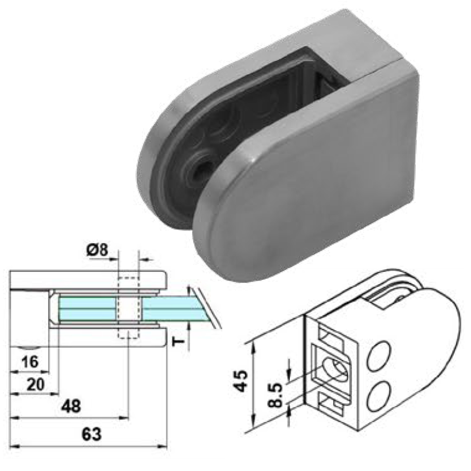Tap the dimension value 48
click(71, 406)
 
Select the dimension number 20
click(36, 384)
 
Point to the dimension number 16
click(30, 361)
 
